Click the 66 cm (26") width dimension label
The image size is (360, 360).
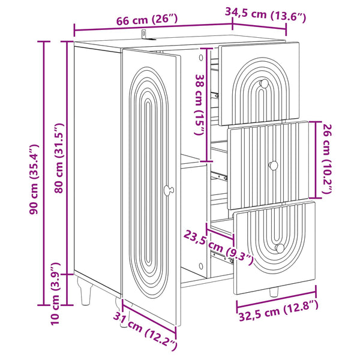pos(147,20)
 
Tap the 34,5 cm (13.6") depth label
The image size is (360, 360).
pos(265,14)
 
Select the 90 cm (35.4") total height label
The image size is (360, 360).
pos(34,179)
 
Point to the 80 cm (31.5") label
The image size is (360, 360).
pos(59,158)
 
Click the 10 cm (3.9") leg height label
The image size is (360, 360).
pos(56,294)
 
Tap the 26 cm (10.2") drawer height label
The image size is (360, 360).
pos(327,158)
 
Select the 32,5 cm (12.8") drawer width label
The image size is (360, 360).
pos(279,310)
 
